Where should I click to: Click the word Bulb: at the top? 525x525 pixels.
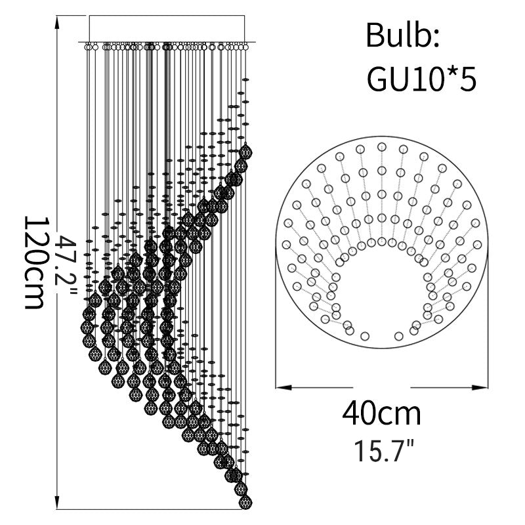pos(402,35)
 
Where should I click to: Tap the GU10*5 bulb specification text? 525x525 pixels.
pos(421,79)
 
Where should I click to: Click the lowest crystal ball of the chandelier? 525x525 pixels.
pos(245,501)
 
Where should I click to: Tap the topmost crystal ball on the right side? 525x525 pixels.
pos(245,152)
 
